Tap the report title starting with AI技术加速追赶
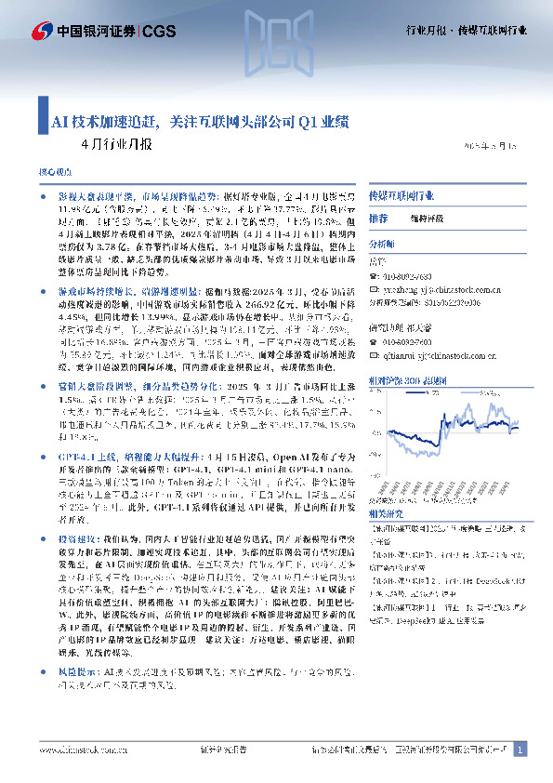click(200, 121)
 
